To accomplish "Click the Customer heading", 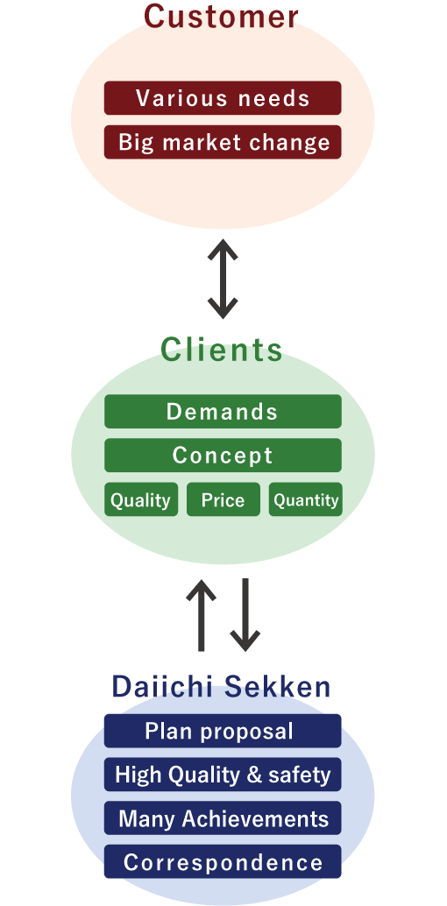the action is pyautogui.click(x=221, y=16).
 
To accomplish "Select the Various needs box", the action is pyautogui.click(x=223, y=97).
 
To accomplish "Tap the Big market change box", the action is pyautogui.click(x=223, y=142).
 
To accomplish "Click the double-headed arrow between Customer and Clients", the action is pyautogui.click(x=223, y=280).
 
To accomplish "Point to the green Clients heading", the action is pyautogui.click(x=222, y=350).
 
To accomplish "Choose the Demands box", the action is pyautogui.click(x=223, y=412).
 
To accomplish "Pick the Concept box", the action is pyautogui.click(x=223, y=456).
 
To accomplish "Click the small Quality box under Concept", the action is pyautogui.click(x=141, y=499).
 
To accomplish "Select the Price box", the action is pyautogui.click(x=223, y=499).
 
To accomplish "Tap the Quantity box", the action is pyautogui.click(x=305, y=499).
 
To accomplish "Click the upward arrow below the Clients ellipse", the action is pyautogui.click(x=201, y=615).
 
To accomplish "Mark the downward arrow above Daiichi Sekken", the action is pyautogui.click(x=245, y=615).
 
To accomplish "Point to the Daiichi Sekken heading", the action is pyautogui.click(x=221, y=687).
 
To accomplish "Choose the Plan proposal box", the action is pyautogui.click(x=223, y=731).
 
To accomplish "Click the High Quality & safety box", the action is pyautogui.click(x=223, y=775).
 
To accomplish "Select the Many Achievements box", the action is pyautogui.click(x=223, y=818).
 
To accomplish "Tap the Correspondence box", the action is pyautogui.click(x=223, y=862).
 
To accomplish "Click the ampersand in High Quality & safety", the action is pyautogui.click(x=255, y=775).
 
